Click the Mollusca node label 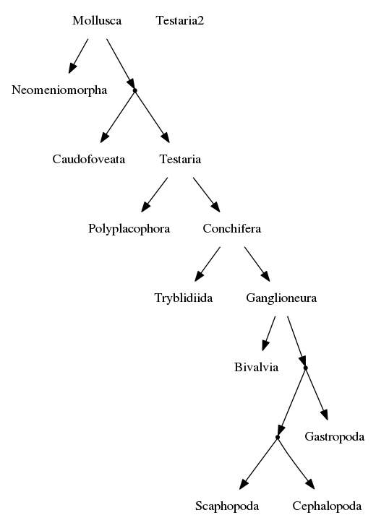[97, 20]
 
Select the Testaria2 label [180, 20]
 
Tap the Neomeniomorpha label [59, 90]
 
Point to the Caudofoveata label [89, 159]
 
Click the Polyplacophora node [129, 229]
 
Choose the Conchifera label [232, 228]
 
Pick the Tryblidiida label [184, 298]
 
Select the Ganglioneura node [281, 298]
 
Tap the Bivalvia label [256, 367]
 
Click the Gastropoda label [335, 437]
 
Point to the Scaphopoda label [227, 506]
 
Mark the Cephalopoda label [327, 506]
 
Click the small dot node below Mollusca [135, 90]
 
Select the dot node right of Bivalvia [306, 368]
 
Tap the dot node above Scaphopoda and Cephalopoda [278, 437]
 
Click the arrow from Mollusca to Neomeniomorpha [78, 56]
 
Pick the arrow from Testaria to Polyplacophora [154, 194]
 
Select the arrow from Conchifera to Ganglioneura [257, 264]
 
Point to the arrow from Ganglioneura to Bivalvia [269, 334]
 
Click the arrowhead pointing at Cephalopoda [310, 483]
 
